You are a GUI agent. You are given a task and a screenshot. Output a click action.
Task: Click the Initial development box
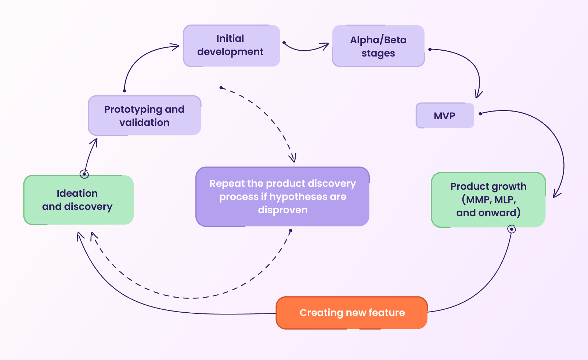[231, 46]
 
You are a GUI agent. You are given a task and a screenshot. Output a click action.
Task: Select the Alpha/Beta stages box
[378, 46]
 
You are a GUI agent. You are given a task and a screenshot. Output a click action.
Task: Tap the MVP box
[444, 116]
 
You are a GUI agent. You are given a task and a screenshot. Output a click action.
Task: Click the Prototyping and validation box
[144, 116]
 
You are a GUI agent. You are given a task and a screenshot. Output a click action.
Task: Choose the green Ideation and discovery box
[78, 200]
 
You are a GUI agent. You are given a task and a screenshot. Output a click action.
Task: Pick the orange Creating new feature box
[351, 313]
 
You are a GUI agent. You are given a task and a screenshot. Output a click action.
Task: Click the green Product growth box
[488, 200]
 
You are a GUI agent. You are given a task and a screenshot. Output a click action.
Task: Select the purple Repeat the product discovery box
[282, 197]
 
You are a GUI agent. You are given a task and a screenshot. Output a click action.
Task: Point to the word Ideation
[77, 193]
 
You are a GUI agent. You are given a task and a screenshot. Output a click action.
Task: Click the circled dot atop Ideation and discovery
[84, 174]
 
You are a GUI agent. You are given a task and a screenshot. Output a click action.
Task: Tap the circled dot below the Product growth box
[512, 229]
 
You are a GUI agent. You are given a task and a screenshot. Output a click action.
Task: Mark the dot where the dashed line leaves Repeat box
[291, 231]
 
